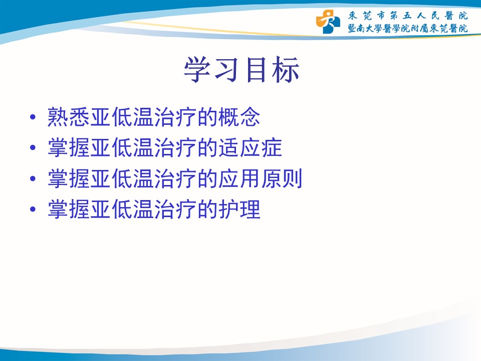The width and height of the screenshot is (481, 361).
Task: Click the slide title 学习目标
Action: click(x=242, y=70)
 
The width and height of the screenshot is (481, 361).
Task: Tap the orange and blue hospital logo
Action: click(x=328, y=22)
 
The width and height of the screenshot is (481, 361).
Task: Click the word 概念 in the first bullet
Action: click(x=239, y=117)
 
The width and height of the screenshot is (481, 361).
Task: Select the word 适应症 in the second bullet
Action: click(x=250, y=147)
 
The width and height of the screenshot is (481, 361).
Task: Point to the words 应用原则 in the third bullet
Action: click(x=261, y=178)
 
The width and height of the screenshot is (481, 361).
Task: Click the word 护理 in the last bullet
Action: click(x=239, y=209)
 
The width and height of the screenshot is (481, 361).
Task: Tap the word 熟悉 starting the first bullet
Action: click(x=69, y=117)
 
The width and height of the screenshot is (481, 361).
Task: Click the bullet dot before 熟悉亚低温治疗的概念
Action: click(x=33, y=117)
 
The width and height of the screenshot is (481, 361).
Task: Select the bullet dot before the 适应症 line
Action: click(x=33, y=148)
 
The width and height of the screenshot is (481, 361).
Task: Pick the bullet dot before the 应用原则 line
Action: click(x=33, y=178)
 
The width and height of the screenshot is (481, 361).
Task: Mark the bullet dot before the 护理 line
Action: click(x=33, y=210)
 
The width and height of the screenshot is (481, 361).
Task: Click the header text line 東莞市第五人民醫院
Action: click(x=408, y=16)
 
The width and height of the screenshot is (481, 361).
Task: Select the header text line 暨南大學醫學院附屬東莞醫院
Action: click(x=408, y=29)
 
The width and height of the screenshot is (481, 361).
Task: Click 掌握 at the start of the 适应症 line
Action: click(x=69, y=147)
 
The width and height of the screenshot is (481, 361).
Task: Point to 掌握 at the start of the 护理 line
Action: click(x=69, y=209)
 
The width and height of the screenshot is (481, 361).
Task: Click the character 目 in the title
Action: click(x=256, y=70)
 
